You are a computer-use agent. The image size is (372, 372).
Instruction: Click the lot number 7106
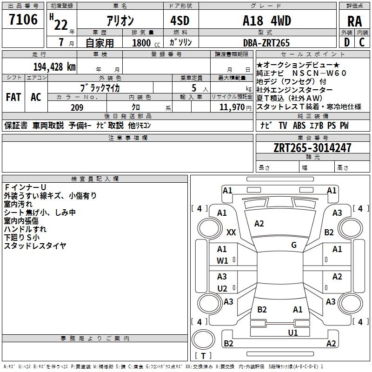pyautogui.click(x=23, y=20)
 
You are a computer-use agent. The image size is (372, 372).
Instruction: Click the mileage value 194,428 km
pyautogui.click(x=54, y=66)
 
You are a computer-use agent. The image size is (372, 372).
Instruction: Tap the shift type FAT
pyautogui.click(x=13, y=97)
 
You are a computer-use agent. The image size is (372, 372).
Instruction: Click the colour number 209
pyautogui.click(x=77, y=107)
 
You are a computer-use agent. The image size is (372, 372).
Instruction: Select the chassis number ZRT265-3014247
pyautogui.click(x=312, y=148)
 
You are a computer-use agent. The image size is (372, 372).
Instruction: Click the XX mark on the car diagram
pyautogui.click(x=231, y=232)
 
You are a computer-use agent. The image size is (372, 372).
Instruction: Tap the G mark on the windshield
pyautogui.click(x=294, y=245)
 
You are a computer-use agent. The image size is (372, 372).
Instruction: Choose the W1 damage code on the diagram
pyautogui.click(x=222, y=261)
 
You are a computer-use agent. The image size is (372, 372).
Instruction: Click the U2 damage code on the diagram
pyautogui.click(x=222, y=288)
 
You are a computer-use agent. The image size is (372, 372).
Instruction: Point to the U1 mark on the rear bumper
pyautogui.click(x=293, y=332)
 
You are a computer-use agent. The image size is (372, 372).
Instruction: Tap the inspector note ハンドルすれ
pyautogui.click(x=25, y=229)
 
